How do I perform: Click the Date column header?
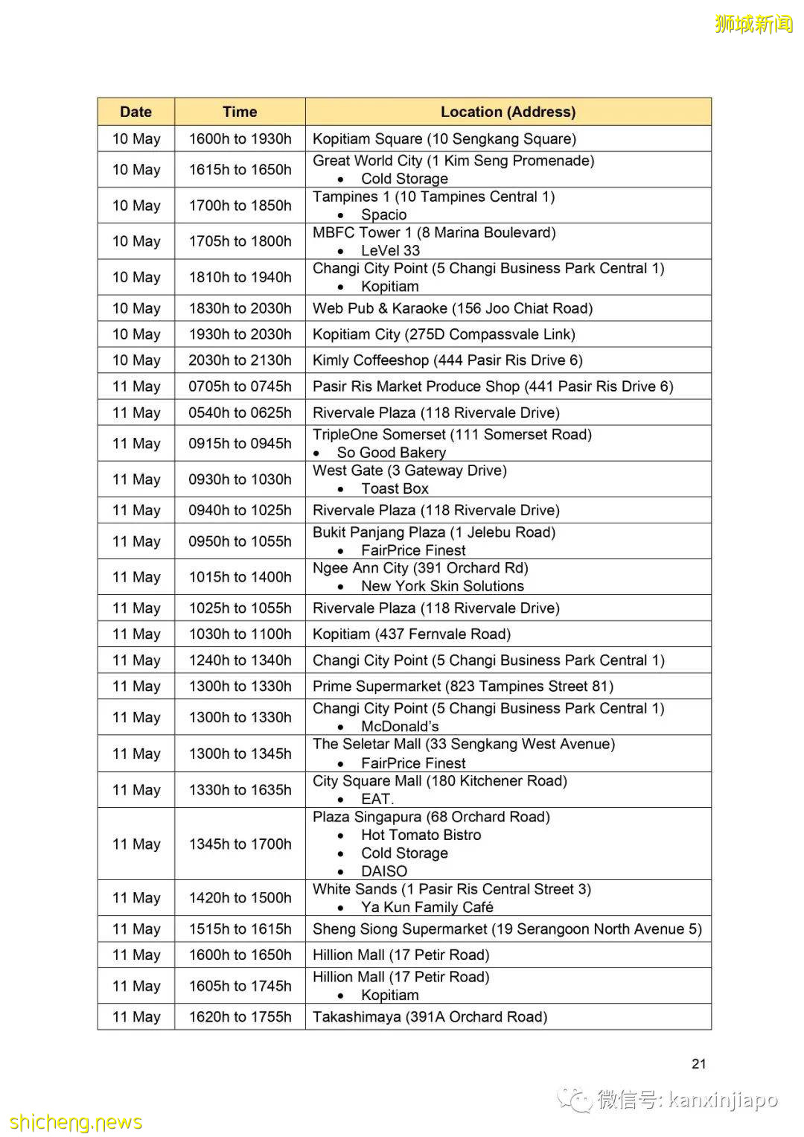coord(135,112)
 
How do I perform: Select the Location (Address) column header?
coord(508,112)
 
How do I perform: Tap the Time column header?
coord(240,112)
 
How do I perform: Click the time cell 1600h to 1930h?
coord(240,138)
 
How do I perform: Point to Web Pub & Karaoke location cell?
coord(453,308)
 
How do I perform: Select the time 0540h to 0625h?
coord(240,413)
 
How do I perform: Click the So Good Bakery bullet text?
coord(391,453)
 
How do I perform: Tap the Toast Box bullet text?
coord(395,488)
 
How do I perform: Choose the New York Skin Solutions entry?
coord(442,586)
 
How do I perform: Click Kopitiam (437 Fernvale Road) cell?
coord(412,634)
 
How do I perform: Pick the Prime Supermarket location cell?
coord(463,687)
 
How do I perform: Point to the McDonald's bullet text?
coord(400,726)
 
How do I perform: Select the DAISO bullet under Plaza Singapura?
coord(384,871)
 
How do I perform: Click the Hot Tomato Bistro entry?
coord(421,835)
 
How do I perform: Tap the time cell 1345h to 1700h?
coord(240,844)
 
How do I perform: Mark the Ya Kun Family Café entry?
coord(427,907)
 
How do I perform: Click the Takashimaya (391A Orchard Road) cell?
coord(430,1017)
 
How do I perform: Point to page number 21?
coord(698,1064)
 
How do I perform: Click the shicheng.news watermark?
coord(76,1122)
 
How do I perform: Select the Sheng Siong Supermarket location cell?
coord(507,929)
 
